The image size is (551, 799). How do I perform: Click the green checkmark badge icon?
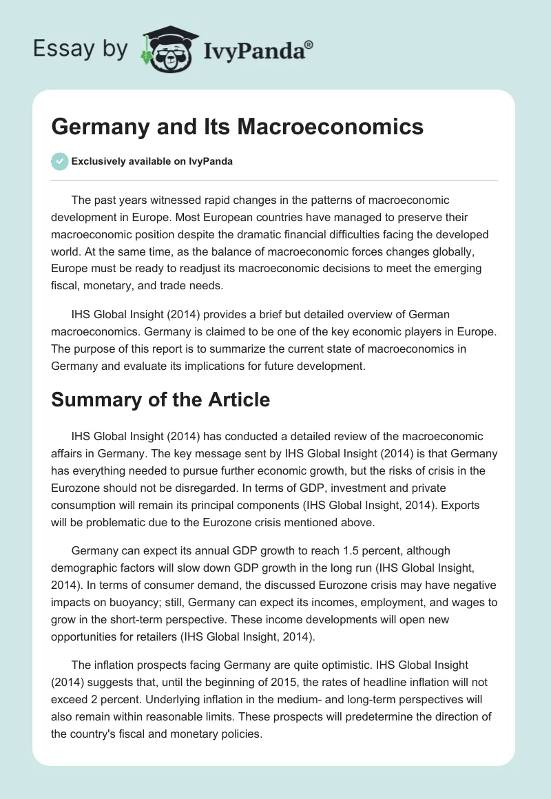coord(59,161)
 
